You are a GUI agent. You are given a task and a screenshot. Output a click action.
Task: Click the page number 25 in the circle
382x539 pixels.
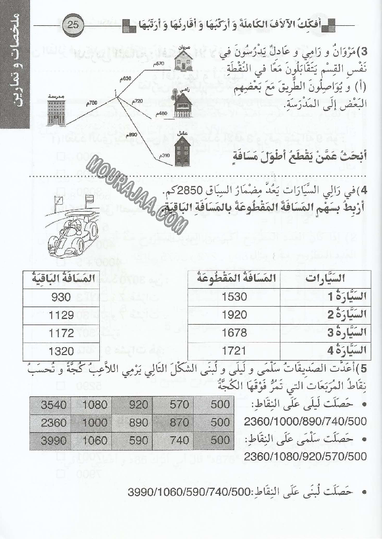click(73, 24)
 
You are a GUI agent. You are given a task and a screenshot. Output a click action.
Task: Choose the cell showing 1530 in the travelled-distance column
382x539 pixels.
click(235, 297)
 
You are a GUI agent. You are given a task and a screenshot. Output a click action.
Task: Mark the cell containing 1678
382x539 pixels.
click(235, 333)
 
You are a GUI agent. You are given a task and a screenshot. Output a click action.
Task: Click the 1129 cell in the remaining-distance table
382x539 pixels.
click(61, 315)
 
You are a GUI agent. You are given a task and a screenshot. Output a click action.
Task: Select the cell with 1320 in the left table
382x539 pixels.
click(61, 351)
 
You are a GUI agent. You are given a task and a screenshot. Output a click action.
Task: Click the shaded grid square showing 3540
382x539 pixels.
click(54, 405)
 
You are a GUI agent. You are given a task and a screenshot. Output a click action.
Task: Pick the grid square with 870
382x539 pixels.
click(177, 422)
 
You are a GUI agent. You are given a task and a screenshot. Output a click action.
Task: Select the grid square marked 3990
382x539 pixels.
click(54, 440)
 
